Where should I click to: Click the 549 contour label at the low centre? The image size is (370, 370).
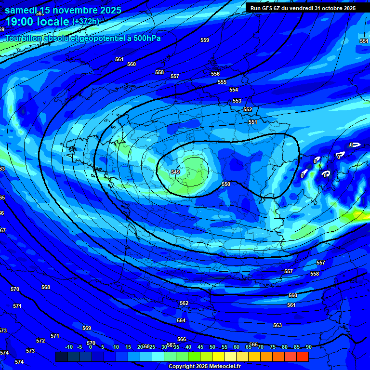[x=175, y=172]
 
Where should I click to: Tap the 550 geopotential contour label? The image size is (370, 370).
[x=226, y=184]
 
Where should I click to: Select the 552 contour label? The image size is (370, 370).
[x=248, y=110]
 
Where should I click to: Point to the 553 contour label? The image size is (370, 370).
[x=237, y=101]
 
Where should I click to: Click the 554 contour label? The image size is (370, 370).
[x=234, y=90]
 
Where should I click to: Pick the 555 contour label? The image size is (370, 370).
[x=222, y=82]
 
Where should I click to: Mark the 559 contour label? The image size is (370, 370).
[x=205, y=40]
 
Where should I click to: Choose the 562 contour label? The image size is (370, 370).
[x=184, y=304]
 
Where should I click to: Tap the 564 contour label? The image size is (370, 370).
[x=181, y=320]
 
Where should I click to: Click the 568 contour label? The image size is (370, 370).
[x=46, y=288]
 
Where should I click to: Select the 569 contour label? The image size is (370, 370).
[x=87, y=328]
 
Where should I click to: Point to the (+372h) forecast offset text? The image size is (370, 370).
[x=85, y=22]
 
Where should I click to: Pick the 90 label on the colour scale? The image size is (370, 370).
[x=308, y=347]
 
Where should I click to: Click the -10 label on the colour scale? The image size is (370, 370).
[x=68, y=347]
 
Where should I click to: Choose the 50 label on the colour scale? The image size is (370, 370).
[x=212, y=347]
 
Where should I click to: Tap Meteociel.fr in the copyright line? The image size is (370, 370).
[x=224, y=366]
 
